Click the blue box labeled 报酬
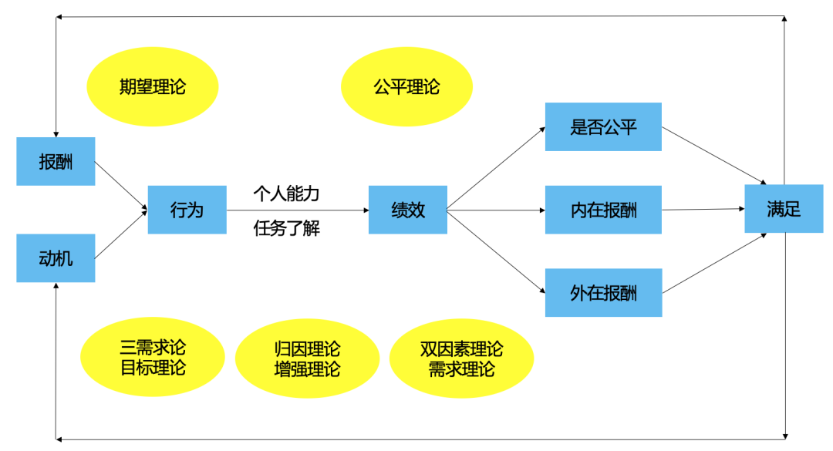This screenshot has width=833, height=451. [56, 161]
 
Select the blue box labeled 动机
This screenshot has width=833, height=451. [56, 257]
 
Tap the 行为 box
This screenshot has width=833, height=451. [187, 209]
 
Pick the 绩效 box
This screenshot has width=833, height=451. [407, 209]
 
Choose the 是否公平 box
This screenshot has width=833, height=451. [603, 126]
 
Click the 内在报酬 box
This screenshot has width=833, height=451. [603, 209]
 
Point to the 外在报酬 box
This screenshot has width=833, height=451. [603, 292]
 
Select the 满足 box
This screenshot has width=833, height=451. [784, 209]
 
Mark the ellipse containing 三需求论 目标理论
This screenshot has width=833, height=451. [153, 358]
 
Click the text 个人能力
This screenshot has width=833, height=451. [286, 194]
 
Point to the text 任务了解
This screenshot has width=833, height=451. [286, 229]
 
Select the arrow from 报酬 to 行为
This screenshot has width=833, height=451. [120, 185]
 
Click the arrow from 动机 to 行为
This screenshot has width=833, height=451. [120, 234]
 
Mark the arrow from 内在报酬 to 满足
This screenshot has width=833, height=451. [702, 209]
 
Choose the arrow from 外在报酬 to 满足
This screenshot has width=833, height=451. [713, 263]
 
